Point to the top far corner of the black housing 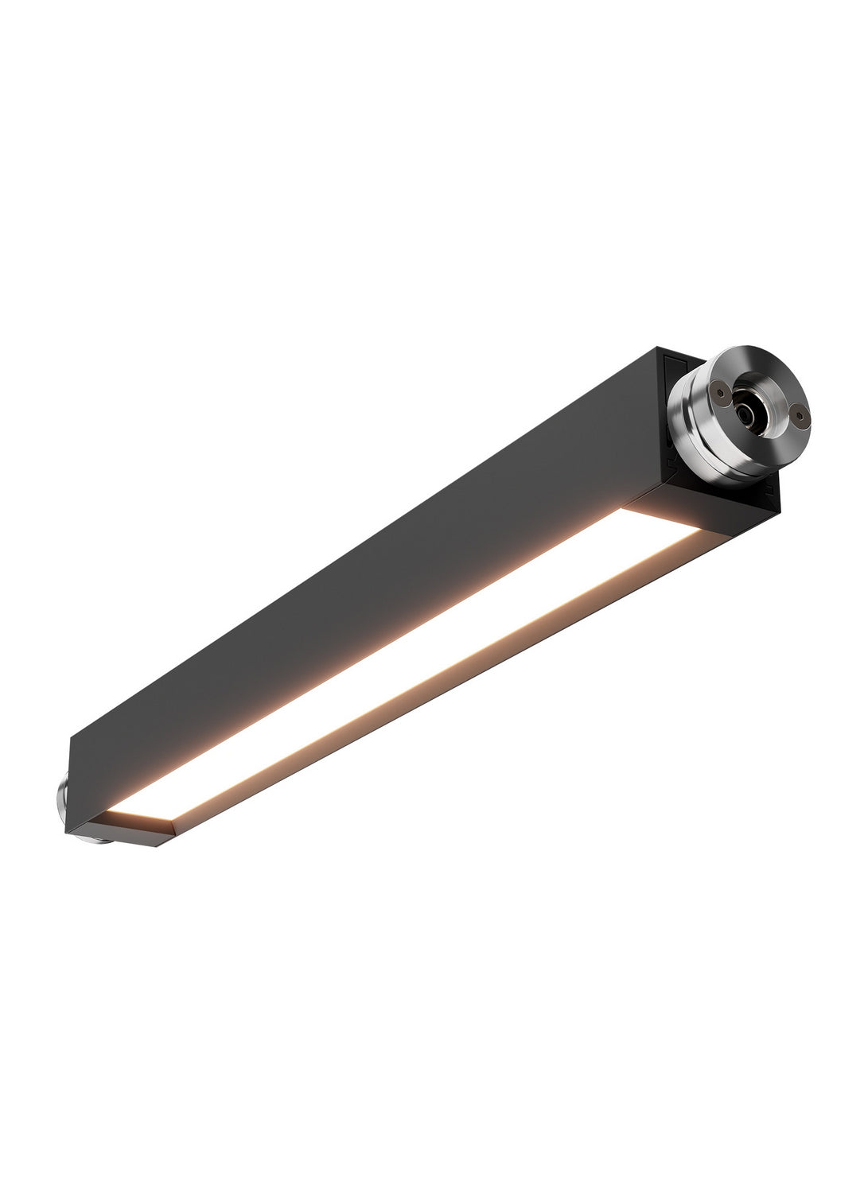657,348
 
